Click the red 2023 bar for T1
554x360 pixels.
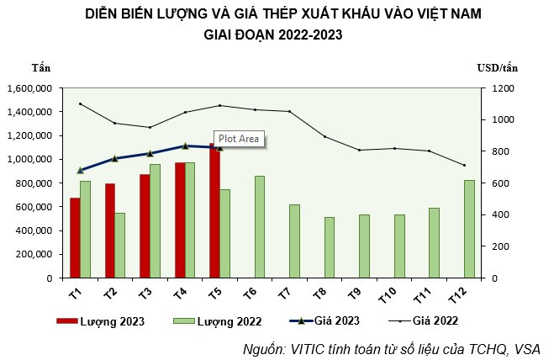(75, 238)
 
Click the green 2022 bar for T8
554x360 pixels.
(330, 247)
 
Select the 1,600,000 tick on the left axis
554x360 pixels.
(30, 87)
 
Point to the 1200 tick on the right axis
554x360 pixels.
(503, 87)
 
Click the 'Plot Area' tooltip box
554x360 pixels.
(239, 139)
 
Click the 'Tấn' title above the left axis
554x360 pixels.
(41, 67)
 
